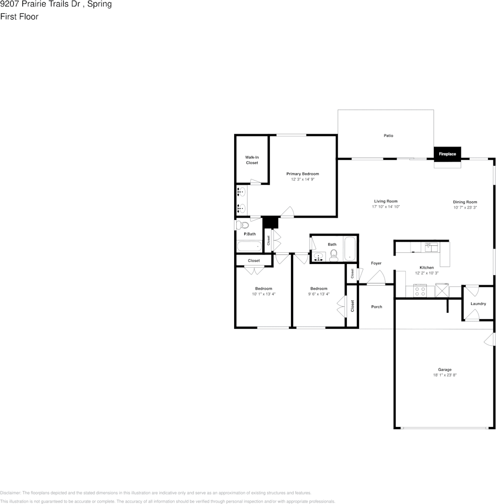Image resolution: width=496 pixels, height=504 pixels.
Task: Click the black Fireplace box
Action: tap(448, 154)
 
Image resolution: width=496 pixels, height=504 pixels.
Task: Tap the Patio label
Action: tap(388, 135)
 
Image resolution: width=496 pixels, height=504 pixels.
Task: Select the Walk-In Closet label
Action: tap(252, 160)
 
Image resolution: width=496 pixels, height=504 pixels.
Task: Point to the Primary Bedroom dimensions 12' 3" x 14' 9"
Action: tap(303, 180)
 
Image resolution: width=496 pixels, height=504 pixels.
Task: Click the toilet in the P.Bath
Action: tap(242, 225)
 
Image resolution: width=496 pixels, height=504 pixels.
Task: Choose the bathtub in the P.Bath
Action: tap(250, 246)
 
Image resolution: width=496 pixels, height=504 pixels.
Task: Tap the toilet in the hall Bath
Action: tap(333, 255)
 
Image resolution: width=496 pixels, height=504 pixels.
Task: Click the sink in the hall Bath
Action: tap(319, 257)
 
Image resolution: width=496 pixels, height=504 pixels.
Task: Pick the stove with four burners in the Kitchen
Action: tap(420, 291)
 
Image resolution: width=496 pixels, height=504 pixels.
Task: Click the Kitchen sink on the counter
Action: tap(431, 247)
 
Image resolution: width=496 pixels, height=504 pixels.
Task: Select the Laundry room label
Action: tap(478, 304)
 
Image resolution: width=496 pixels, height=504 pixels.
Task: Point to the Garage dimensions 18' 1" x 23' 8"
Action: tap(445, 375)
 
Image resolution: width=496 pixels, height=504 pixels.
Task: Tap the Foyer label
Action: tap(376, 263)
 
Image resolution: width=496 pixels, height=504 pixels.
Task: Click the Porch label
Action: tap(377, 307)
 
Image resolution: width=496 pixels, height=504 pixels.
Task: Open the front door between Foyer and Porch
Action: tap(376, 278)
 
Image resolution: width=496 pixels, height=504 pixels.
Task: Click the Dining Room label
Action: tap(465, 202)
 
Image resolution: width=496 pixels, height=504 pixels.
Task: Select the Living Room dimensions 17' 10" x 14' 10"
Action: tap(386, 207)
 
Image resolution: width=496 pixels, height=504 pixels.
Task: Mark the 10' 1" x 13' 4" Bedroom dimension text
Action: tap(263, 294)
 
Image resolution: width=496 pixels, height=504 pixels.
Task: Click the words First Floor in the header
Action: tap(19, 16)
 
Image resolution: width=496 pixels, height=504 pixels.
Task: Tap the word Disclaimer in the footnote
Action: tap(10, 493)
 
